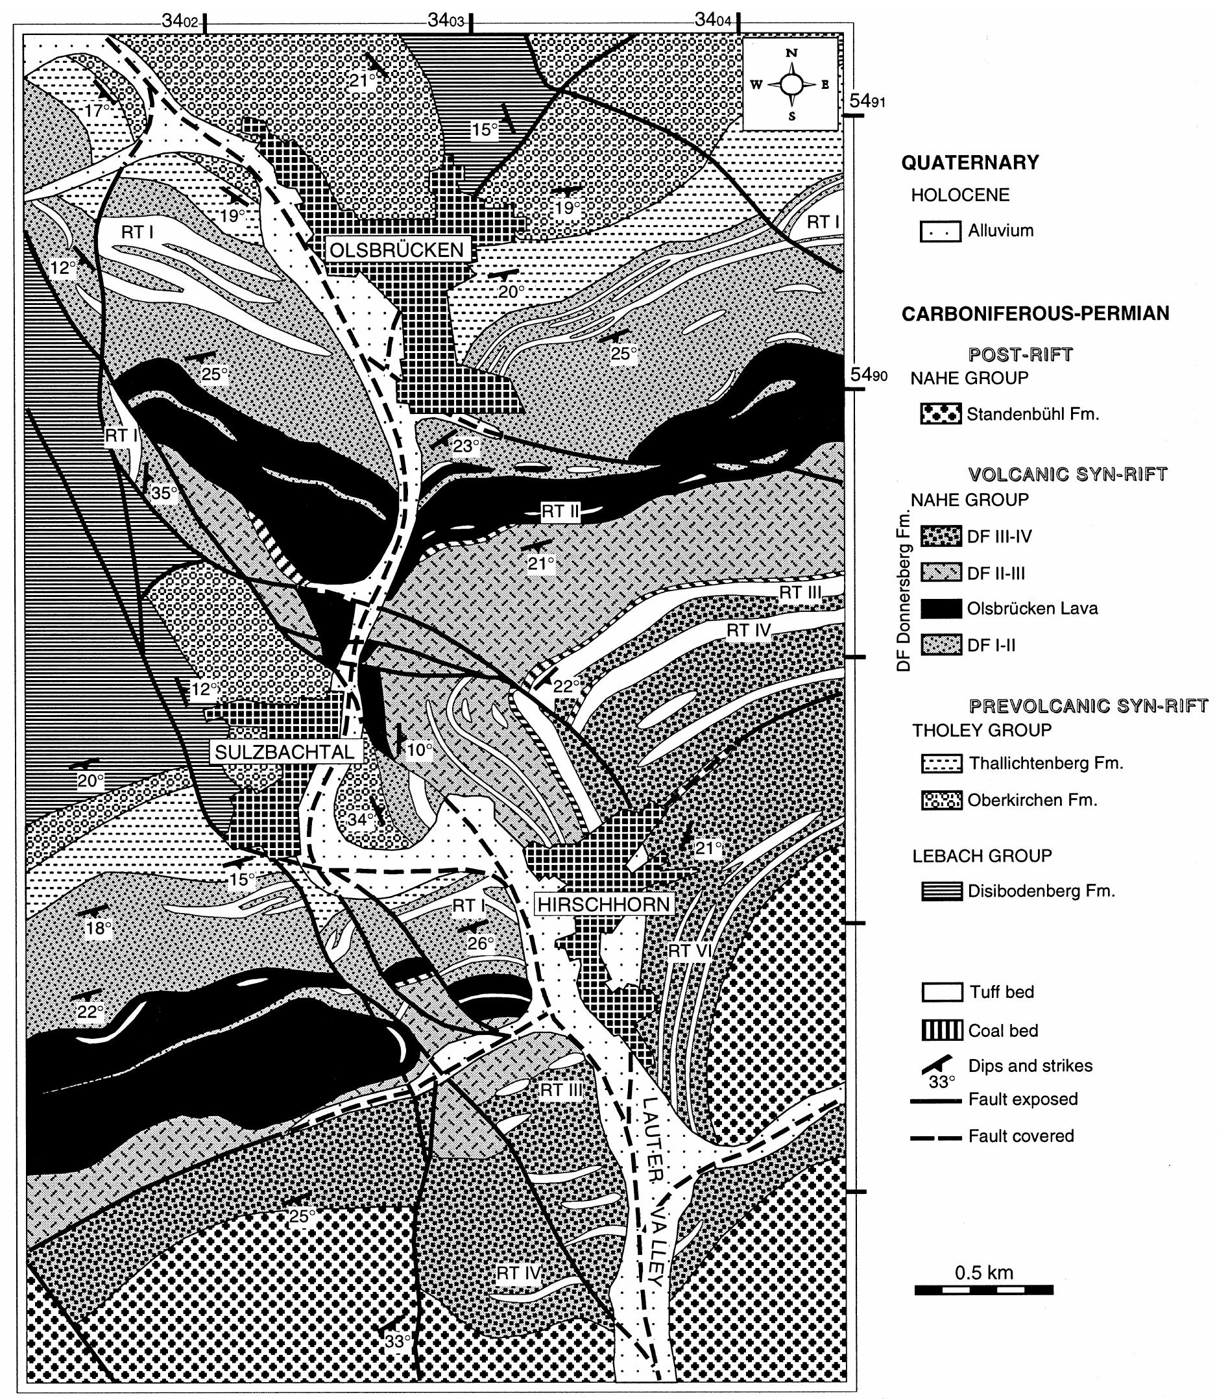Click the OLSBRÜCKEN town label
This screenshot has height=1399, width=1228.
(397, 250)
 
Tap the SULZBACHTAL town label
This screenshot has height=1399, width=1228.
(285, 752)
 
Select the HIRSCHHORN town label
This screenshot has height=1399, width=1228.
(603, 904)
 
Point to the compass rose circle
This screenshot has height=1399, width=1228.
(791, 84)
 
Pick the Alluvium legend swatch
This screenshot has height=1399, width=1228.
(941, 232)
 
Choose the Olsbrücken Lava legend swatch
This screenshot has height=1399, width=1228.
(941, 609)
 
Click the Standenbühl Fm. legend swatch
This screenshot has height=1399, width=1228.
(941, 414)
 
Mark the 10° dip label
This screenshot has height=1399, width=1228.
(419, 750)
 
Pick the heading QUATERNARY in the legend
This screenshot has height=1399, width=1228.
(969, 163)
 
